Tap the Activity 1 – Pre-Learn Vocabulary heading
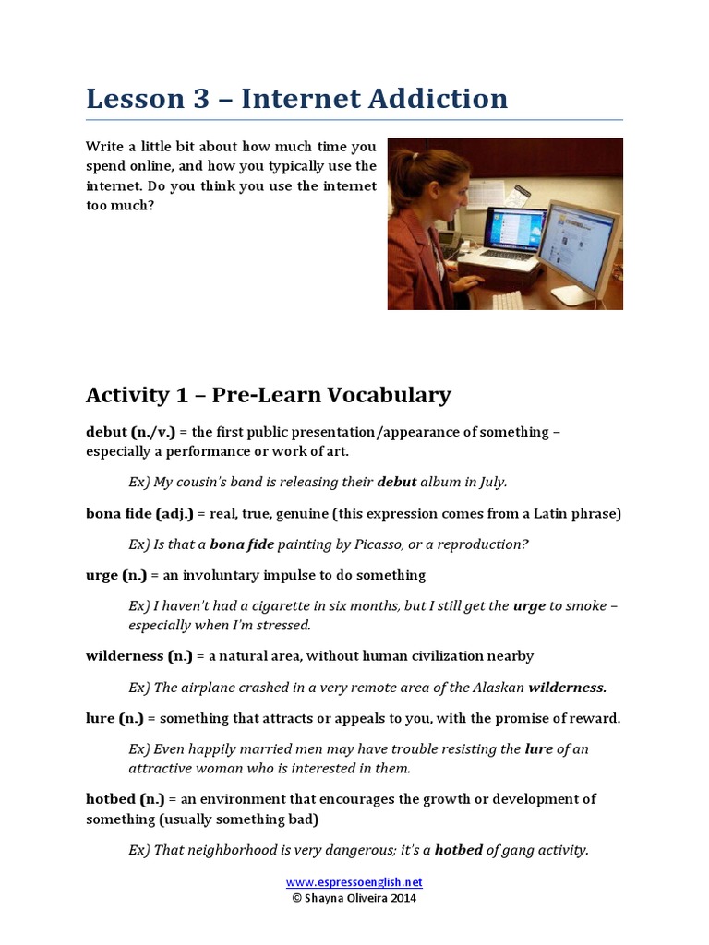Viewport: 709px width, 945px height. [x=268, y=395]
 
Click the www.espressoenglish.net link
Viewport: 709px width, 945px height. [x=354, y=881]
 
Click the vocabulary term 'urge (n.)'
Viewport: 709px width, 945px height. [x=116, y=575]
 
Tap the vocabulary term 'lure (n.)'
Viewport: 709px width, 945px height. [x=115, y=718]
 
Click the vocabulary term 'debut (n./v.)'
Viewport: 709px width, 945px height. [x=130, y=432]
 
